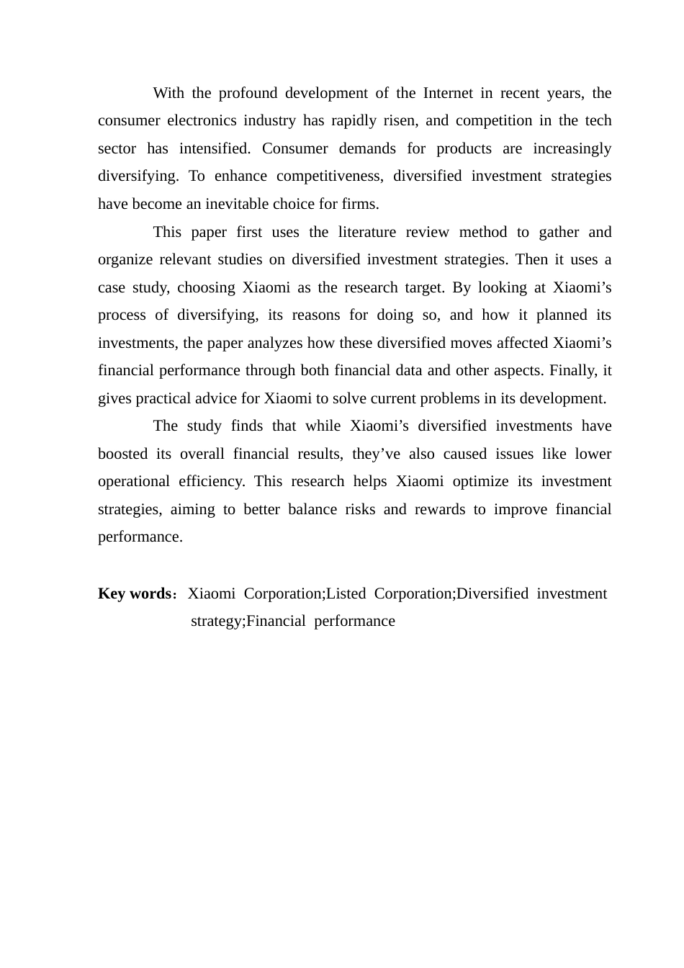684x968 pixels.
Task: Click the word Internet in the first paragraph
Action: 448,93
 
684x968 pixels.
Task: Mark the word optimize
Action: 480,481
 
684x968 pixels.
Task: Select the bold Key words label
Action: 134,593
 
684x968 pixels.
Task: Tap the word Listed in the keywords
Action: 346,593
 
